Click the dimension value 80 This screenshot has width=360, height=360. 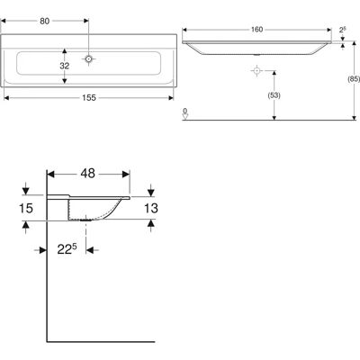(x=44, y=21)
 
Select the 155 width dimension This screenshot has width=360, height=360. (x=89, y=98)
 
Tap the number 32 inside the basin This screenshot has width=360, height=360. (x=64, y=66)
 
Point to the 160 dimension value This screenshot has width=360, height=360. (x=256, y=30)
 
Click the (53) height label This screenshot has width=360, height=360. (x=274, y=95)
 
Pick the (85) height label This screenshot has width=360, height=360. (x=354, y=79)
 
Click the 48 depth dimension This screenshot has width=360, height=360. (x=88, y=174)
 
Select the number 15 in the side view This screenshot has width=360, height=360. (x=26, y=208)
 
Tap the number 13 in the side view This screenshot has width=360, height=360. (x=151, y=208)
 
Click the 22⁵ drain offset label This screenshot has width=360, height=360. (x=67, y=249)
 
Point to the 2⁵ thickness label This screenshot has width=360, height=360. (x=343, y=30)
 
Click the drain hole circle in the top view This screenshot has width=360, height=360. (x=88, y=58)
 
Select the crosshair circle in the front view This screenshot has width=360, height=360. (x=256, y=71)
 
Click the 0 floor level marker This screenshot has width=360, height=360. (x=185, y=113)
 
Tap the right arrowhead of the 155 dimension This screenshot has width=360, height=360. (x=171, y=98)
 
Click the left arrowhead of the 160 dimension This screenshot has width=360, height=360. (x=185, y=30)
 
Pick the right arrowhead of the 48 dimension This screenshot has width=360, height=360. (x=126, y=174)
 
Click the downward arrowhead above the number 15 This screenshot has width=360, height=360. (x=26, y=191)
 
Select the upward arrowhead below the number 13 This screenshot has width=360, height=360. (x=151, y=223)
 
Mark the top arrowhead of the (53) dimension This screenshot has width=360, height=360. (x=274, y=73)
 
